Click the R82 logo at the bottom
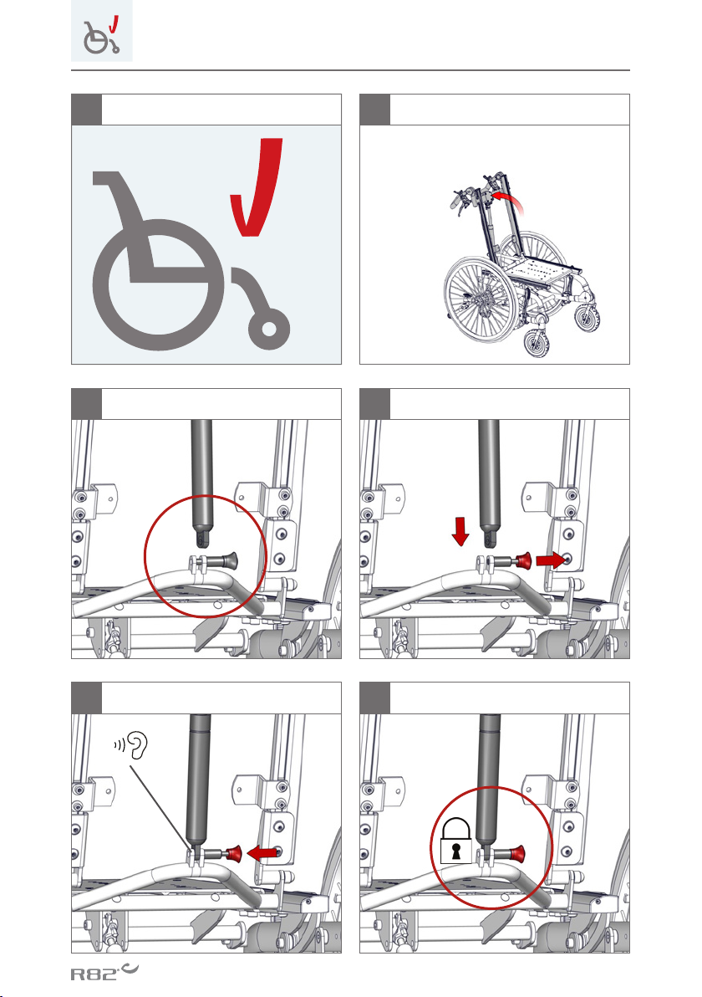click(104, 972)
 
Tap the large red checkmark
click(257, 187)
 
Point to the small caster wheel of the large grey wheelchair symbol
click(269, 328)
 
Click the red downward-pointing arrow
click(460, 532)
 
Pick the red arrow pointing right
click(551, 560)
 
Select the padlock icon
click(456, 840)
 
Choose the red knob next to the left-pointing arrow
click(234, 853)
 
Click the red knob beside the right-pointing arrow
click(523, 560)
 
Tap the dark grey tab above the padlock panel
click(375, 698)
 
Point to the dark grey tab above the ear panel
click(86, 698)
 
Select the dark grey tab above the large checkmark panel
click(86, 110)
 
